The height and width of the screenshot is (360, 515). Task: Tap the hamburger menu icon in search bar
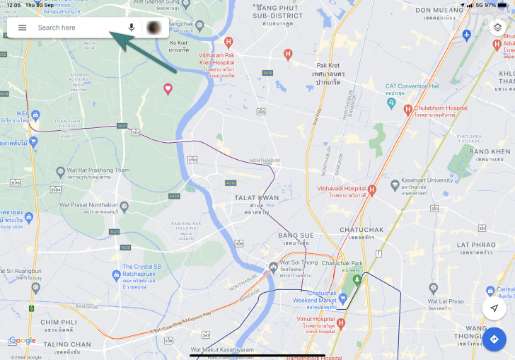(x=23, y=28)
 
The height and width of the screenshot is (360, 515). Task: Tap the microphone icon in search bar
(x=132, y=28)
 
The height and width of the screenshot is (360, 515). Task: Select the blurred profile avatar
(x=154, y=28)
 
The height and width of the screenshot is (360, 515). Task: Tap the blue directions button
(x=494, y=339)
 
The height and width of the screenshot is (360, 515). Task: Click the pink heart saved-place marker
(x=168, y=88)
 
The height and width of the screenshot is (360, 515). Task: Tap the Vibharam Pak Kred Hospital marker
(x=288, y=54)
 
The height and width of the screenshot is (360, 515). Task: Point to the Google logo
(x=22, y=340)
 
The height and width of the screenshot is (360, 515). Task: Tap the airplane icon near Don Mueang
(x=465, y=34)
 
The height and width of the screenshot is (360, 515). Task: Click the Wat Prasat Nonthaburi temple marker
(x=125, y=206)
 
